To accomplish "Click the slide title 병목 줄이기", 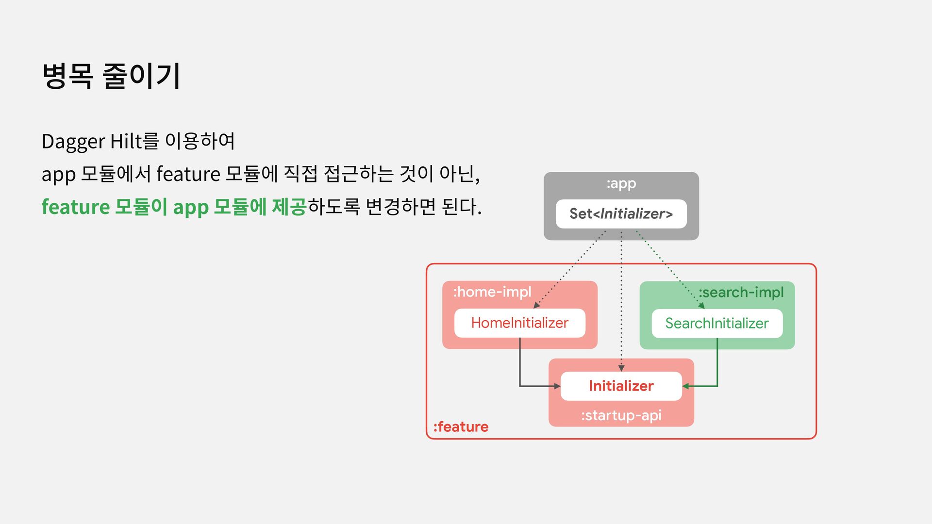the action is point(111,76).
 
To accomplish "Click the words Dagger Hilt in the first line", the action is point(92,142).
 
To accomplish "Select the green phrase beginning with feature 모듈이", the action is point(174,207).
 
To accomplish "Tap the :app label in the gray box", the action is point(621,184).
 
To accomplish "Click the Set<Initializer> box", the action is point(621,214).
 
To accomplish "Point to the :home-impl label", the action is point(492,292).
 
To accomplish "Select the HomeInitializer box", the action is point(519,323).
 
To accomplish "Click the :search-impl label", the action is point(741,293).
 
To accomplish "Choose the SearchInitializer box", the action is point(716,324).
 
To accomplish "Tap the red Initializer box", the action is point(621,386).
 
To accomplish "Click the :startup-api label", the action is point(621,416).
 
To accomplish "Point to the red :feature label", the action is point(461,427).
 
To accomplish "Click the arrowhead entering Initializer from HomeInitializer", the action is point(557,386).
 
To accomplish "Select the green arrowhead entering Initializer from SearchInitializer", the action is point(686,386).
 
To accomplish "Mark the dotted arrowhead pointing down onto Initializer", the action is point(621,368).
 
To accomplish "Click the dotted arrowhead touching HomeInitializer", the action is point(536,305).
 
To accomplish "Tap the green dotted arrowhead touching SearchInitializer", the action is point(701,305).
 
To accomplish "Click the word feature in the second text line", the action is point(188,174).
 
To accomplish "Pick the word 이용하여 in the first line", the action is point(200,142).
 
